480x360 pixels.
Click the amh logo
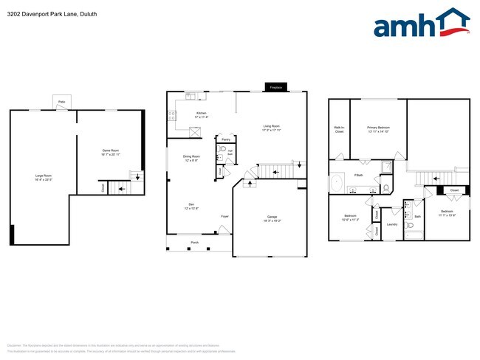[x=421, y=24]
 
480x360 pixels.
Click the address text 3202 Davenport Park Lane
[x=43, y=14]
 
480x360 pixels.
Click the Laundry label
[x=392, y=225]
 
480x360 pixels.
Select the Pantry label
[x=224, y=139]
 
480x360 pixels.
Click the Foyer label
[x=224, y=216]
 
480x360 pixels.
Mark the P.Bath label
[x=358, y=175]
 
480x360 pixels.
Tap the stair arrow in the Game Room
[x=121, y=188]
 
